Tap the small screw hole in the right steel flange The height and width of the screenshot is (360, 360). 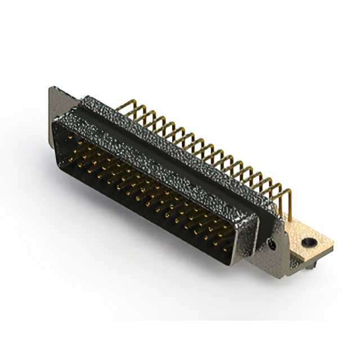pos(272,245)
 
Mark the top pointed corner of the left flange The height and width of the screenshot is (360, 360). pos(52,88)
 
